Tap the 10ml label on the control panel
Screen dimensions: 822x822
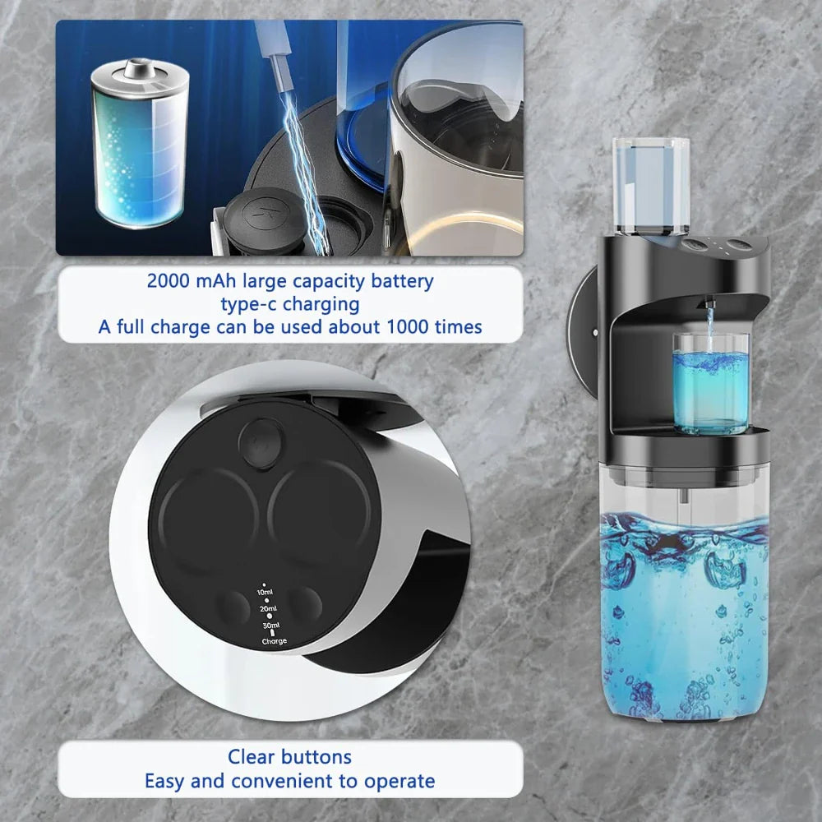[x=264, y=592]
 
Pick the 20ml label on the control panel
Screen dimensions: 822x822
[x=268, y=609]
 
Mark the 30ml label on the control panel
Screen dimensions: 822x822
[x=270, y=626]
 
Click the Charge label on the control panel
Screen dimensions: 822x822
[x=275, y=641]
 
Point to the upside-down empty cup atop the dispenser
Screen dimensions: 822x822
[x=650, y=182]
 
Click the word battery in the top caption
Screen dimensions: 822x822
[x=400, y=281]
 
